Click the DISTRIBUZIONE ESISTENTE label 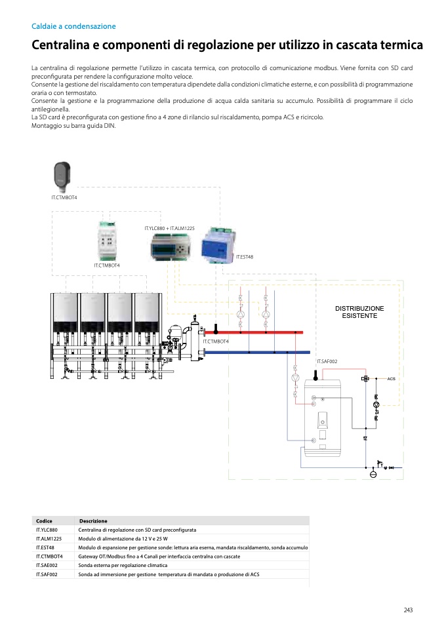tap(359, 312)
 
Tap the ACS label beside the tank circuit tap(391, 379)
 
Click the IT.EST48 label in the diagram tap(244, 258)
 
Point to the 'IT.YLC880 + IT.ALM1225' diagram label tap(169, 228)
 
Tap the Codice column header tap(45, 520)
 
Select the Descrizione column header tap(93, 520)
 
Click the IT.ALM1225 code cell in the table tap(49, 538)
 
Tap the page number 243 tap(408, 610)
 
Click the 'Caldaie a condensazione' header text tap(73, 26)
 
